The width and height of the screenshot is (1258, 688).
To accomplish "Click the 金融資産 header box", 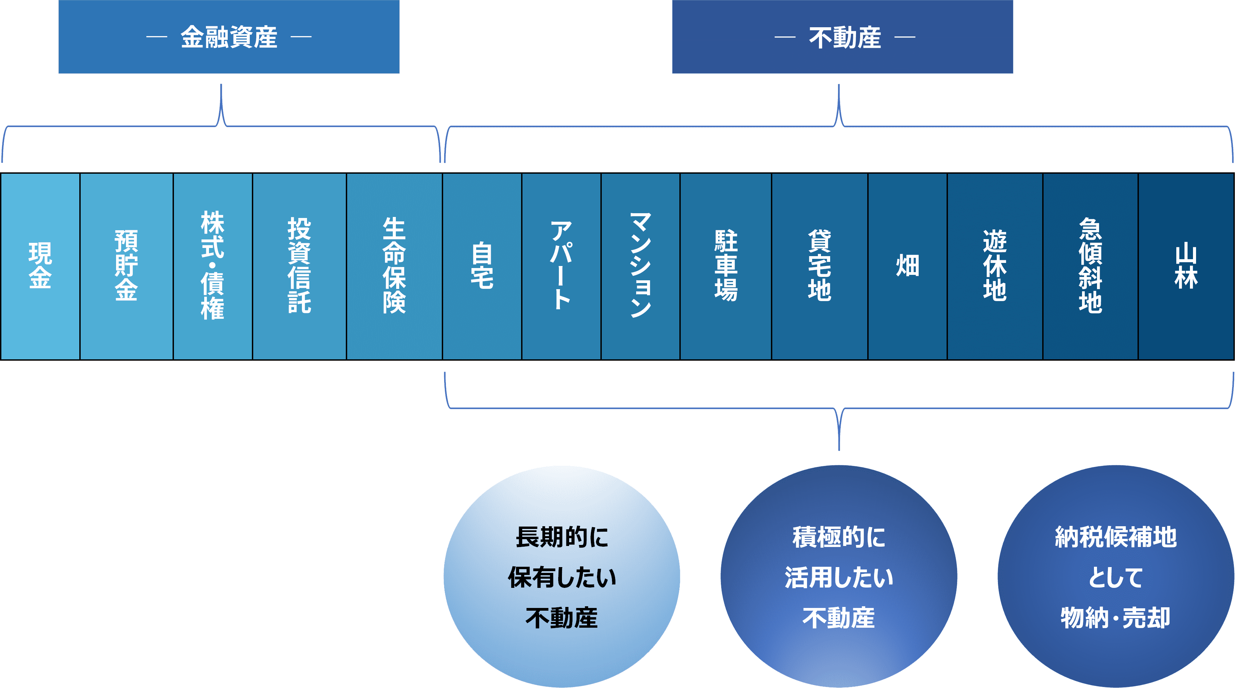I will coord(228,37).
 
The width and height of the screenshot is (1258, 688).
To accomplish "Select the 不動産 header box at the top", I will coord(842,37).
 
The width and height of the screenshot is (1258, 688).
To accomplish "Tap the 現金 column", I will coord(40,266).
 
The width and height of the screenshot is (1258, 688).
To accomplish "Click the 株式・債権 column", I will coord(212,266).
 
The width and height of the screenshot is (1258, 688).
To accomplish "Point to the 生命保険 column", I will coord(394,266).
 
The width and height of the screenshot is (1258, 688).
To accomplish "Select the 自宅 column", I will coord(482,266).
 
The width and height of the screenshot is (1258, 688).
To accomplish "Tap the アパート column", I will coord(561,266).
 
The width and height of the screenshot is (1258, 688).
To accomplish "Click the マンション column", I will coord(640,266).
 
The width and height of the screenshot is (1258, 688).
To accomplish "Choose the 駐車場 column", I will coord(726,266).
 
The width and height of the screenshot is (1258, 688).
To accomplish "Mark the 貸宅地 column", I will coord(820,266).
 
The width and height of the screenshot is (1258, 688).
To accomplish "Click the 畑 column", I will coord(907,266).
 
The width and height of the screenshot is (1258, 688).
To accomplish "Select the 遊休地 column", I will coord(995,266).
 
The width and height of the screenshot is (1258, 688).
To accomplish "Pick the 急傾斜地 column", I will coord(1091,266).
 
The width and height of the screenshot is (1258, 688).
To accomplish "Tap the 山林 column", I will coord(1186,266).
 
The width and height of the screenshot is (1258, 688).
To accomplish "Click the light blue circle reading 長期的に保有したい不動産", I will coord(562,577).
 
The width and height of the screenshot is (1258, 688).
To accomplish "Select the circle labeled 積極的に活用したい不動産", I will coord(839,577).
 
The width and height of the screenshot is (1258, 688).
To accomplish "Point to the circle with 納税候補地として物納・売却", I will coord(1116,577).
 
